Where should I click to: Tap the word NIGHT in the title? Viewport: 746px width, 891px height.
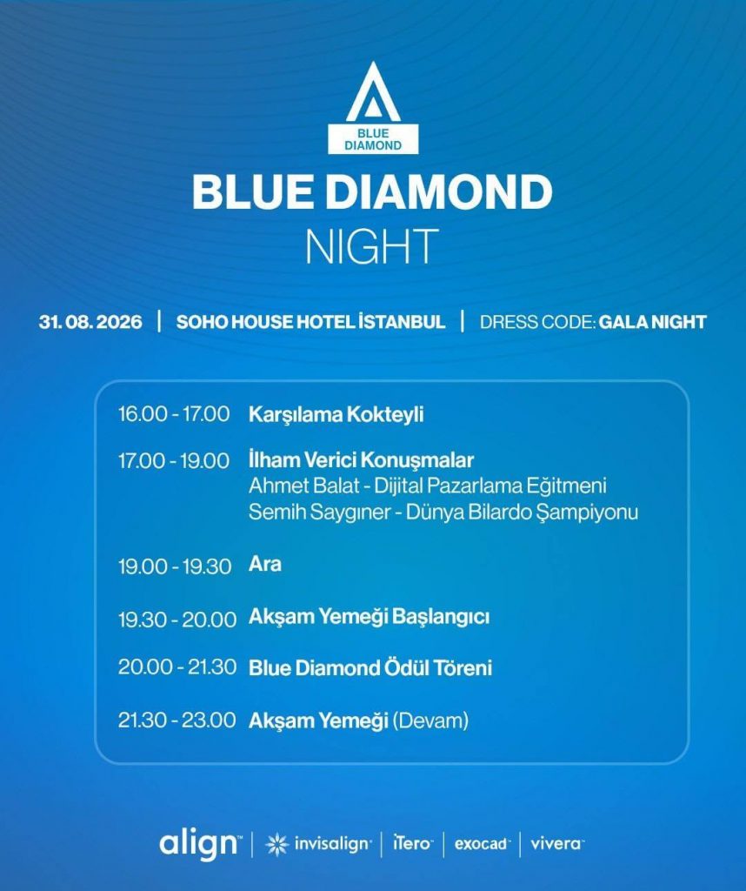[x=372, y=246]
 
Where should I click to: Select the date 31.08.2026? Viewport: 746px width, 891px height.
[x=90, y=322]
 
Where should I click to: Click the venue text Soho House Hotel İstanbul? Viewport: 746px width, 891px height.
[x=310, y=322]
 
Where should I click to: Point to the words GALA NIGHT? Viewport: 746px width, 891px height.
[x=653, y=322]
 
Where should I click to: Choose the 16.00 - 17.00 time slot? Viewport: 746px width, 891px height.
[x=174, y=413]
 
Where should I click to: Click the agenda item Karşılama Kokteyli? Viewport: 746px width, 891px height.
[x=336, y=414]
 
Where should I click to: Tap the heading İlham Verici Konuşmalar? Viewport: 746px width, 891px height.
[x=361, y=459]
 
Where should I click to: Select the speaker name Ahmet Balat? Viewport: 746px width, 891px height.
[x=304, y=486]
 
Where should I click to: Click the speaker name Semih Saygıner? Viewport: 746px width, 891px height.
[x=320, y=512]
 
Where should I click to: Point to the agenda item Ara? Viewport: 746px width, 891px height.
[x=265, y=564]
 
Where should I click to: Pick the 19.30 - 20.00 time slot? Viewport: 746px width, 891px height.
[x=177, y=620]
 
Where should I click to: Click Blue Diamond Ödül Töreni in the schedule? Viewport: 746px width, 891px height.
[x=370, y=667]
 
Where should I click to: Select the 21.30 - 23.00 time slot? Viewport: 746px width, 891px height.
[x=177, y=720]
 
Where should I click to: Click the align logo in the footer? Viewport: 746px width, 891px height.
[x=200, y=845]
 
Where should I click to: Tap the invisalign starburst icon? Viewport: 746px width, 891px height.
[x=277, y=844]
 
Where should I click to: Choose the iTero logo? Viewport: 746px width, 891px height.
[x=413, y=843]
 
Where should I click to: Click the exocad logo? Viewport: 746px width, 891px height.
[x=483, y=844]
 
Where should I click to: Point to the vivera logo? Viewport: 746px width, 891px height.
[x=557, y=844]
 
